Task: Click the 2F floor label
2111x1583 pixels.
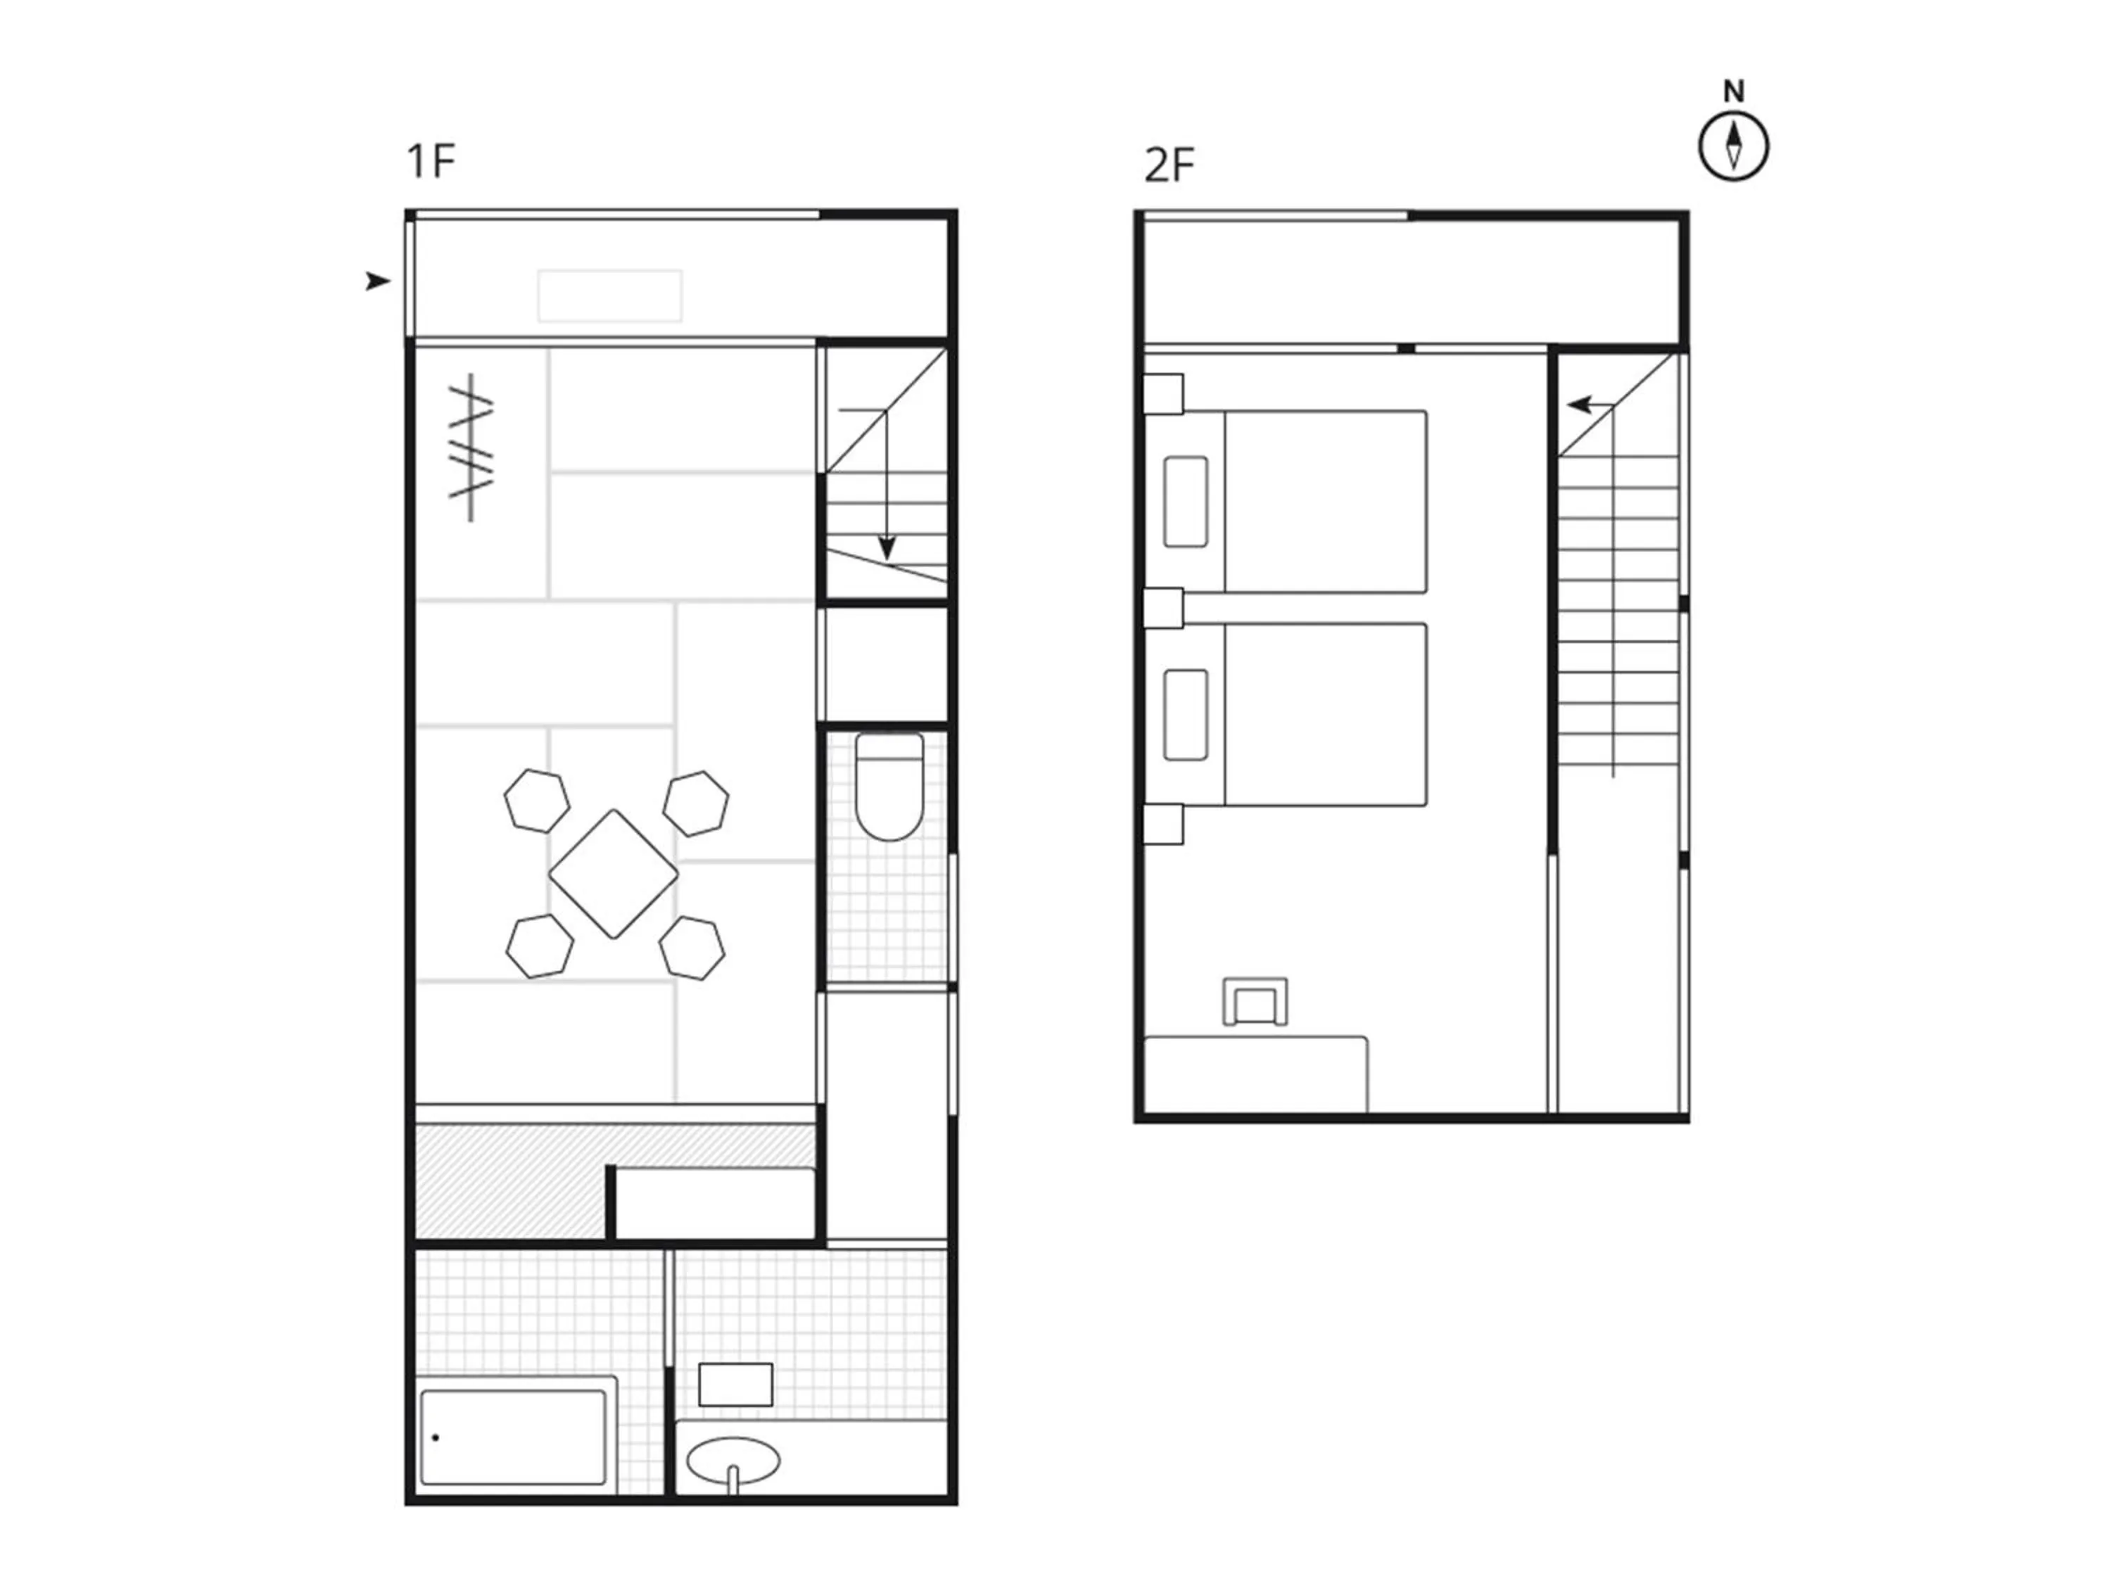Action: coord(1169,166)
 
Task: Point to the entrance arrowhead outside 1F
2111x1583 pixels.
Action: coord(378,281)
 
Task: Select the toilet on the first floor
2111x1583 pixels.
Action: coord(889,787)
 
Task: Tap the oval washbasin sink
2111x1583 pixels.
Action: coord(733,1460)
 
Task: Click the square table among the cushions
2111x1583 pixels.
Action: coord(614,874)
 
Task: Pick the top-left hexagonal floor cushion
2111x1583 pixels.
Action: coord(538,801)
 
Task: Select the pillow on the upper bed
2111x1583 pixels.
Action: coord(1186,502)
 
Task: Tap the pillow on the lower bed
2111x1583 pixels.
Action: coord(1186,715)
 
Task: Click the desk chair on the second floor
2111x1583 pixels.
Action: coord(1255,1002)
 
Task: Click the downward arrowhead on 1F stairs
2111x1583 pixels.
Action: coord(887,549)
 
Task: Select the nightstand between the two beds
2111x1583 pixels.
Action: coord(1163,608)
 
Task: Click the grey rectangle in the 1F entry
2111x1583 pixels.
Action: coord(610,295)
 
